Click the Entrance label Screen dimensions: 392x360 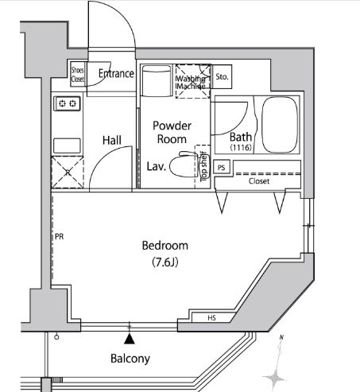point(115,74)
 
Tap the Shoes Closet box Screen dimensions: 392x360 point(77,73)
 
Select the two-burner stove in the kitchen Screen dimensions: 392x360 point(67,103)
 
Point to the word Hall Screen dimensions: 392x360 point(111,141)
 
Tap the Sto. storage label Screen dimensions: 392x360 point(222,78)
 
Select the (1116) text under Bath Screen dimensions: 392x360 point(241,149)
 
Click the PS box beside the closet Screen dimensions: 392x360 point(222,168)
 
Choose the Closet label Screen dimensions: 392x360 point(259,181)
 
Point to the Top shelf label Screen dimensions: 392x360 point(203,168)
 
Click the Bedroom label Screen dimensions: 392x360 point(165,245)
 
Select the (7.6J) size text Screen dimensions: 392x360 point(165,262)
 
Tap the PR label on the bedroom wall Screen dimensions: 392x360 point(60,237)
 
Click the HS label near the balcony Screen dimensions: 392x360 point(212,320)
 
